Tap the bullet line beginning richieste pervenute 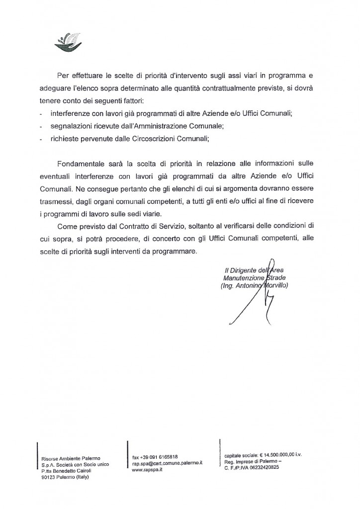[130, 139]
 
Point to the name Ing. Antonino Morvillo [254, 286]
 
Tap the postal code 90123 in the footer [50, 476]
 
